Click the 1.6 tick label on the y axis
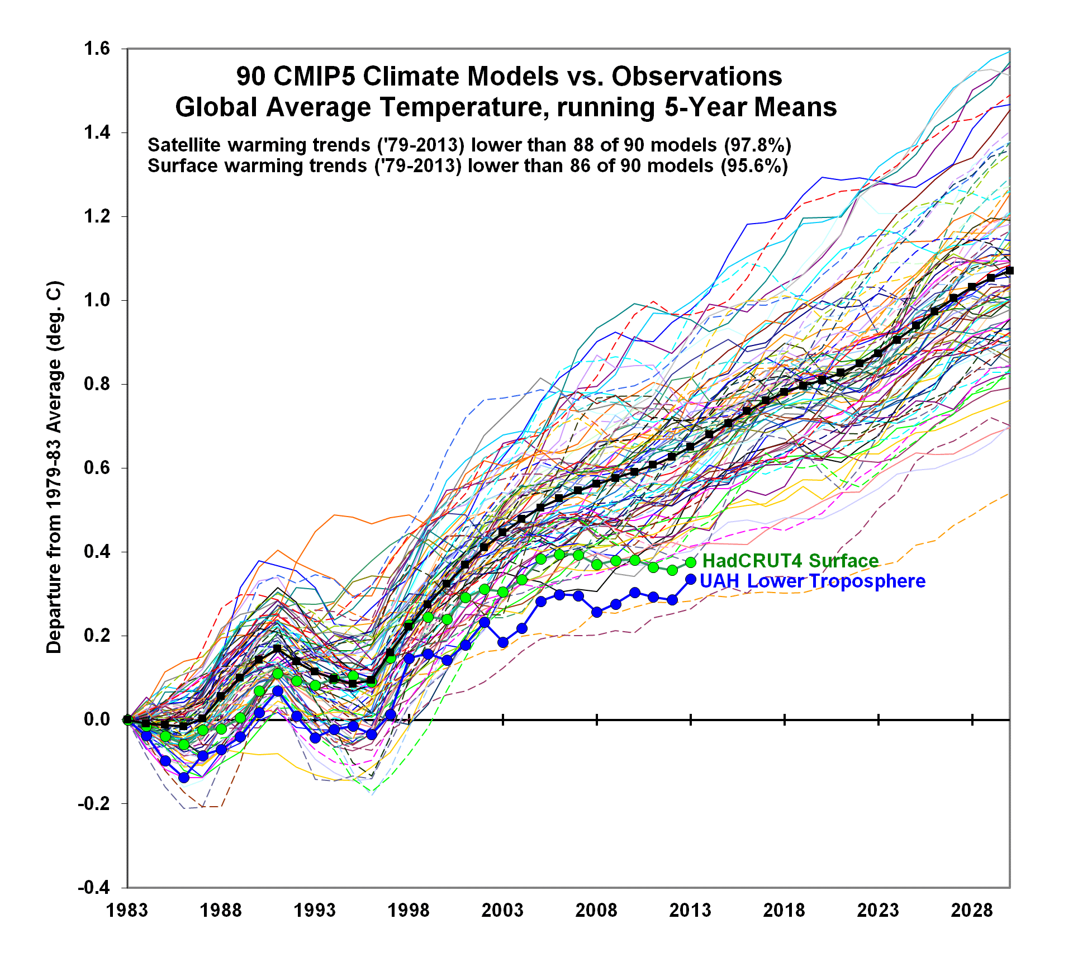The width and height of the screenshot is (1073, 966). click(x=97, y=49)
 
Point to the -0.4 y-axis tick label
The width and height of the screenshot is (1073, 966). click(x=93, y=887)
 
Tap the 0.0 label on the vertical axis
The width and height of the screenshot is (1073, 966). click(x=97, y=719)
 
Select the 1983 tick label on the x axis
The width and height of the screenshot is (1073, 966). click(x=127, y=910)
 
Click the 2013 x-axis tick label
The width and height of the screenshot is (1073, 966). click(x=690, y=910)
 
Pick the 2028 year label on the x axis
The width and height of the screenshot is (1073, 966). click(x=972, y=910)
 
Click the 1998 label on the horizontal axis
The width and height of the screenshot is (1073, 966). click(x=409, y=910)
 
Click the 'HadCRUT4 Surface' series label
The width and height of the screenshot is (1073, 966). click(x=790, y=561)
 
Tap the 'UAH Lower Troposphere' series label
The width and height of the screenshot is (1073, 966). click(x=813, y=581)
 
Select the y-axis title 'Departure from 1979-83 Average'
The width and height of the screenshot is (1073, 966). click(x=54, y=467)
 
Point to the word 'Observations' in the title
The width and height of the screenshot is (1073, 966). click(x=697, y=77)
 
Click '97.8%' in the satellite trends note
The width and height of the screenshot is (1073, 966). click(x=758, y=145)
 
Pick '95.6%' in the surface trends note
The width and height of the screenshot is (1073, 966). click(x=754, y=166)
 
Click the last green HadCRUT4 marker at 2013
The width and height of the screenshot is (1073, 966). click(x=691, y=562)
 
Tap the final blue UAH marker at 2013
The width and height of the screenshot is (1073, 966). click(x=691, y=580)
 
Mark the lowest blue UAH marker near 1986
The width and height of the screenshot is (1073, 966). click(x=184, y=778)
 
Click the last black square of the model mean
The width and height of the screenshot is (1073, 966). click(x=1009, y=271)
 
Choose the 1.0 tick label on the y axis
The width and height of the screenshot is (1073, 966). click(x=97, y=300)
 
